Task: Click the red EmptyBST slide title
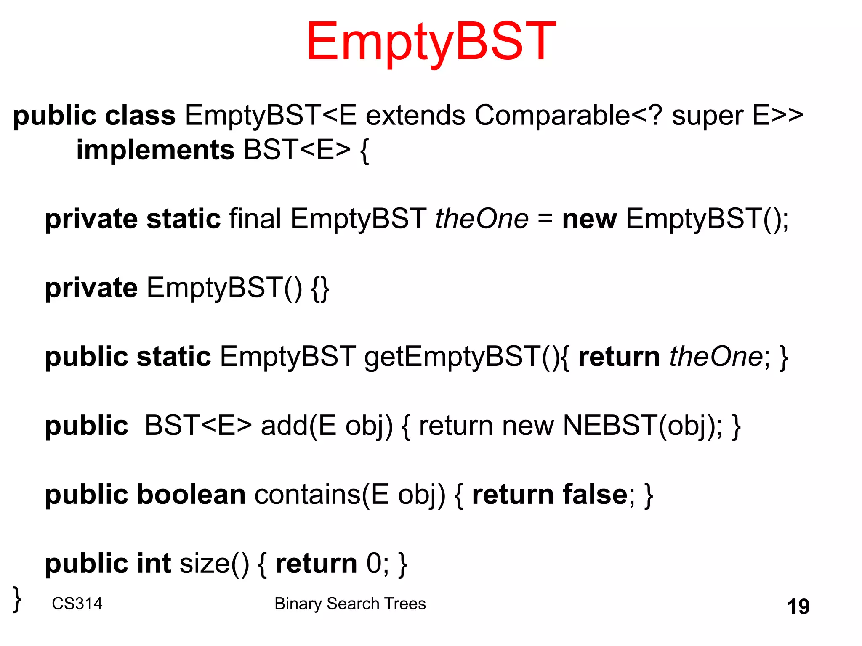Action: tap(431, 42)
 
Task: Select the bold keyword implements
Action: tap(155, 150)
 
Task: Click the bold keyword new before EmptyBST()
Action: tap(589, 220)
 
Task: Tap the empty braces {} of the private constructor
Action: tap(320, 289)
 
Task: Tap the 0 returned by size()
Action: tap(374, 564)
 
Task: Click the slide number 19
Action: tap(798, 606)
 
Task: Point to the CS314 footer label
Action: tap(77, 604)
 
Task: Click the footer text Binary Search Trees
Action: tap(350, 604)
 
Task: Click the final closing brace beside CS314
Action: tap(17, 599)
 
